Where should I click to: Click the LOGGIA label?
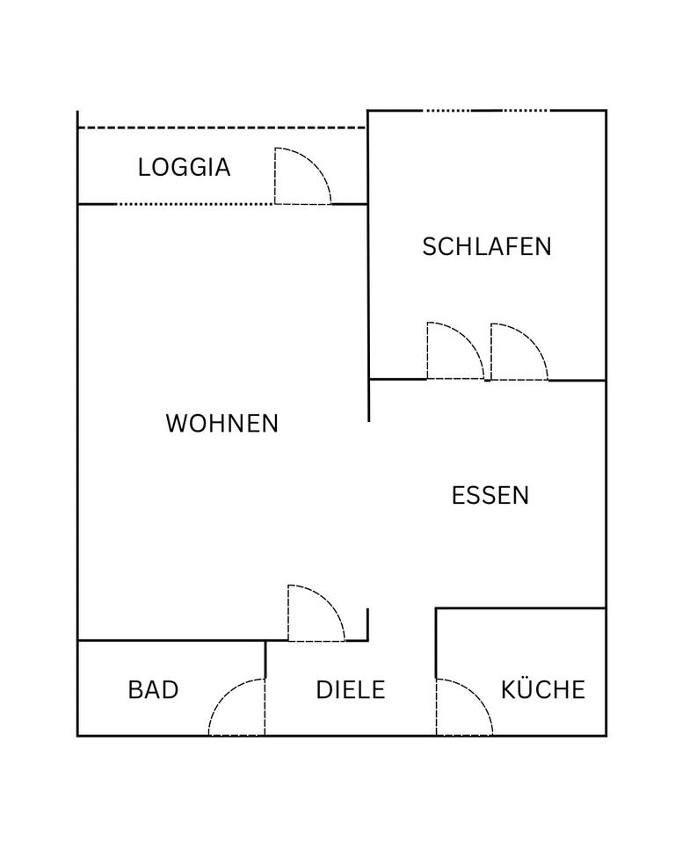click(x=184, y=167)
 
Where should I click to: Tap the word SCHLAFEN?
click(x=487, y=246)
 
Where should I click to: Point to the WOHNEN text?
click(x=221, y=424)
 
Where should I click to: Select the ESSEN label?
click(x=490, y=495)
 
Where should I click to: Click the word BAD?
click(x=153, y=689)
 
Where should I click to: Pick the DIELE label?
click(x=351, y=689)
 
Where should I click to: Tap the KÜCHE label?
click(x=543, y=689)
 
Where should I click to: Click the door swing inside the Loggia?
click(x=299, y=178)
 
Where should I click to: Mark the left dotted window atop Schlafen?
click(x=447, y=111)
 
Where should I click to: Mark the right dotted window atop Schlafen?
click(x=526, y=111)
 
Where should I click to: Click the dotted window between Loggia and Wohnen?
click(x=195, y=204)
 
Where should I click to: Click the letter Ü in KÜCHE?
click(x=526, y=688)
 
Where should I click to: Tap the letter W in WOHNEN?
click(x=177, y=424)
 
